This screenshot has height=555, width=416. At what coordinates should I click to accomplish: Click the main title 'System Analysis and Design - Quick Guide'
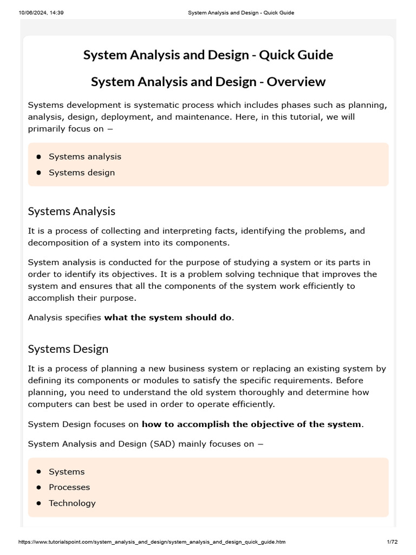click(208, 55)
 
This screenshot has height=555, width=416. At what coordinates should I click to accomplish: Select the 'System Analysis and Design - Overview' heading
click(208, 82)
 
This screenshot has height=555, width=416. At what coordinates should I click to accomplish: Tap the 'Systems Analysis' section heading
click(71, 211)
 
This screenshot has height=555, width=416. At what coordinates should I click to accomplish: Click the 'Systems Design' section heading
click(68, 349)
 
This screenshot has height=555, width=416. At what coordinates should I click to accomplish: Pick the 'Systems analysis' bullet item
click(85, 157)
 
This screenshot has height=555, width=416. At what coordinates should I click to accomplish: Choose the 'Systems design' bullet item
click(82, 172)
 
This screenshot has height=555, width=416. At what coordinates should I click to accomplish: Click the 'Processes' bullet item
click(69, 487)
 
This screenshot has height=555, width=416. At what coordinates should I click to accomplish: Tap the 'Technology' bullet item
click(72, 503)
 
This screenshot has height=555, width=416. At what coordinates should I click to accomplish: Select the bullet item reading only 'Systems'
click(67, 472)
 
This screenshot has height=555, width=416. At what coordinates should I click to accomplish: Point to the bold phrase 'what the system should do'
click(168, 318)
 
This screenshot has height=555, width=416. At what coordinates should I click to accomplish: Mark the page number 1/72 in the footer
click(392, 542)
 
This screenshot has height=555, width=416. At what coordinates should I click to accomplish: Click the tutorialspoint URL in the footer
click(152, 542)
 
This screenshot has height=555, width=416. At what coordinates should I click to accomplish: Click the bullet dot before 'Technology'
click(39, 503)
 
